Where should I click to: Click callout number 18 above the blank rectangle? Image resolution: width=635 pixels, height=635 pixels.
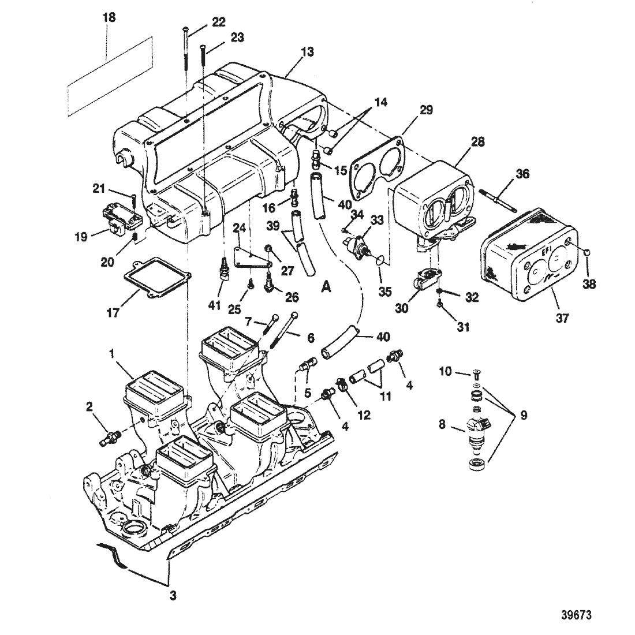click(109, 18)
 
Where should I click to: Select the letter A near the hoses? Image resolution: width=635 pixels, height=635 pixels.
click(326, 287)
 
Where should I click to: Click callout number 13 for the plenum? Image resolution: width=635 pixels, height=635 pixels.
click(307, 52)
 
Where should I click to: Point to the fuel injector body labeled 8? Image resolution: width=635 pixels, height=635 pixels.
click(479, 432)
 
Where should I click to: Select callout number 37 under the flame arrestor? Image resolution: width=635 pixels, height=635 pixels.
click(562, 318)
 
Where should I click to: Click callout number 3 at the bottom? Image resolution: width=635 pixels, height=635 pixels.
click(173, 596)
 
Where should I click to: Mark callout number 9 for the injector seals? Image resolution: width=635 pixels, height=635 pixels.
click(524, 415)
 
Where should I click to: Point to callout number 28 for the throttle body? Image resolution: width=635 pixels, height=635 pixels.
click(477, 142)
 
